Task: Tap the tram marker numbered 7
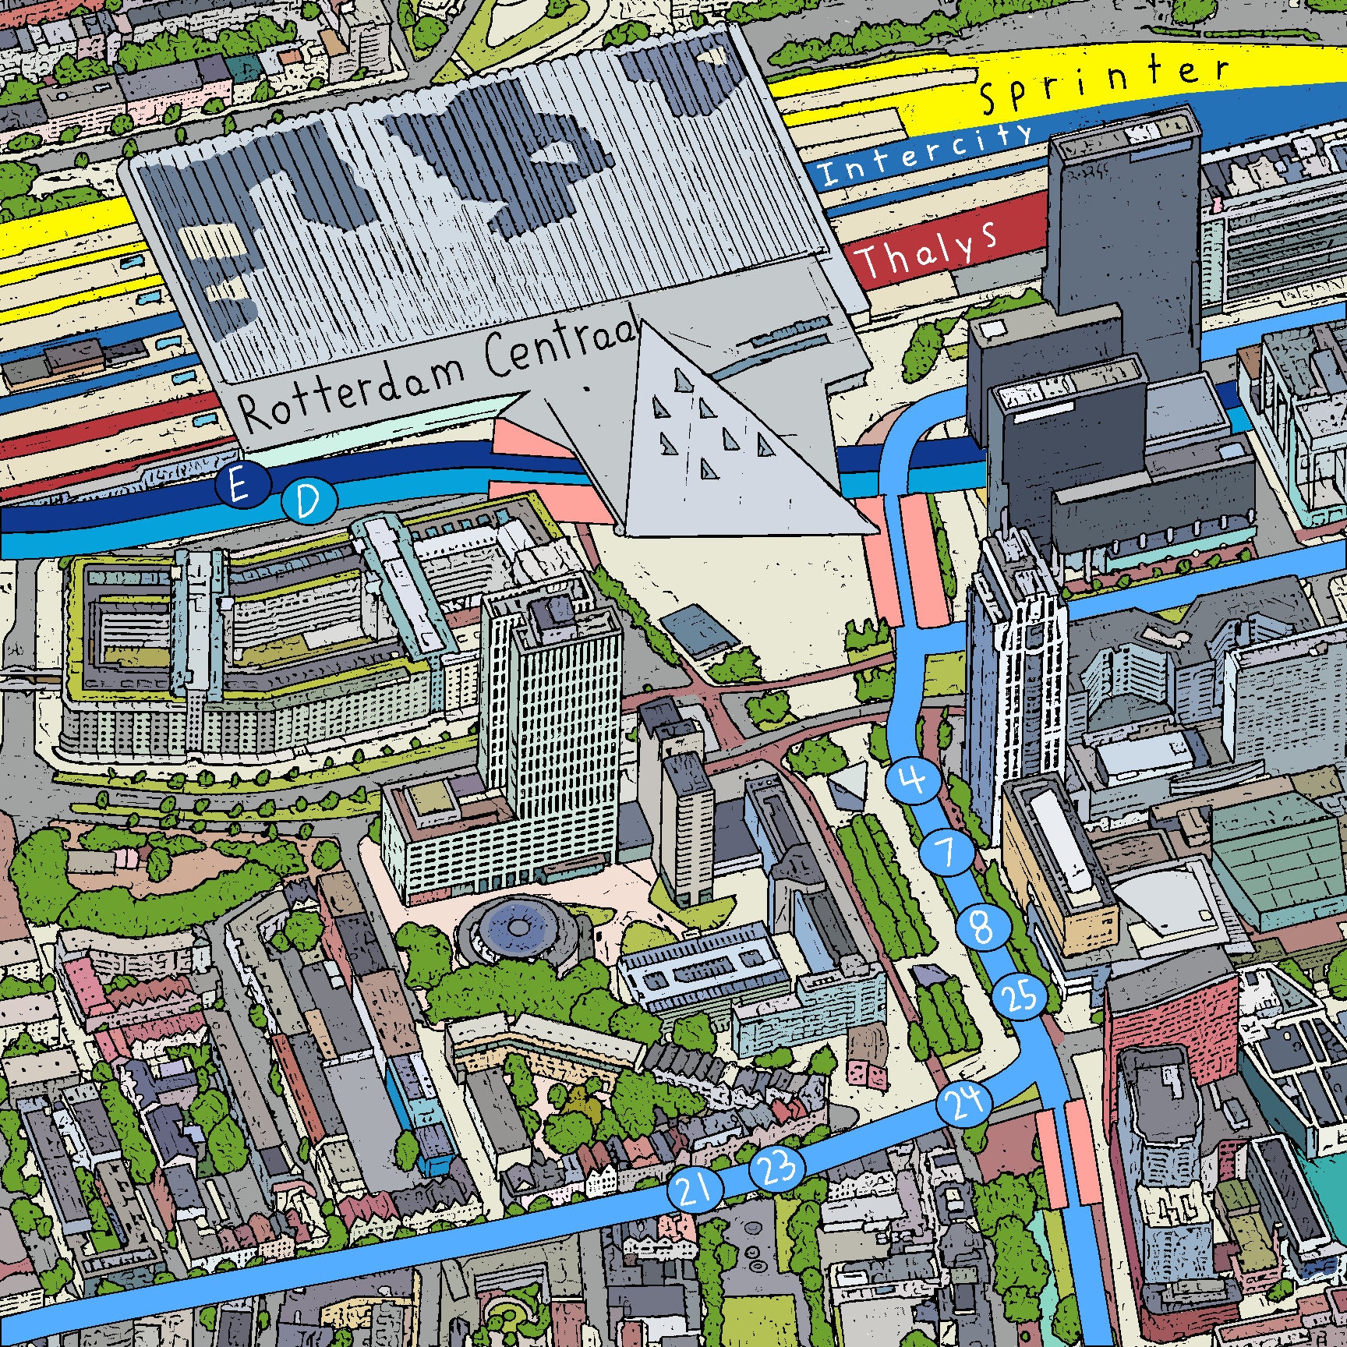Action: click(x=949, y=853)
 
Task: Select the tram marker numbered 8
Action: click(x=983, y=928)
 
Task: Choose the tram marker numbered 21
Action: click(x=694, y=1190)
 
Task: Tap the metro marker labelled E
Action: click(x=239, y=487)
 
